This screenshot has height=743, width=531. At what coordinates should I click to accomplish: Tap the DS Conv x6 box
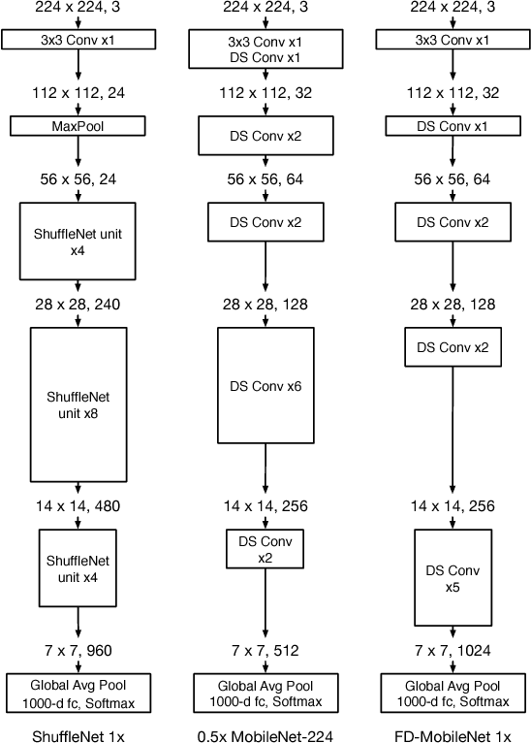tap(265, 386)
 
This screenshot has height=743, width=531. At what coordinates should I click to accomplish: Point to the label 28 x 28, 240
tap(78, 305)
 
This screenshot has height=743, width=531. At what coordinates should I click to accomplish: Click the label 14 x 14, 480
tap(78, 505)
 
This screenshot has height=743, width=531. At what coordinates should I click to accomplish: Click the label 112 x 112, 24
tap(78, 95)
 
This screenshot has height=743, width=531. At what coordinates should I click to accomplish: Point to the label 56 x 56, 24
tap(78, 179)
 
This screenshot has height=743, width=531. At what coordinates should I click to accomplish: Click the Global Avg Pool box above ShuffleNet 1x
tap(78, 693)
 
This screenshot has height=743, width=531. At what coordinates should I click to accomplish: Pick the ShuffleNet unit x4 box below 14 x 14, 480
tap(78, 565)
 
